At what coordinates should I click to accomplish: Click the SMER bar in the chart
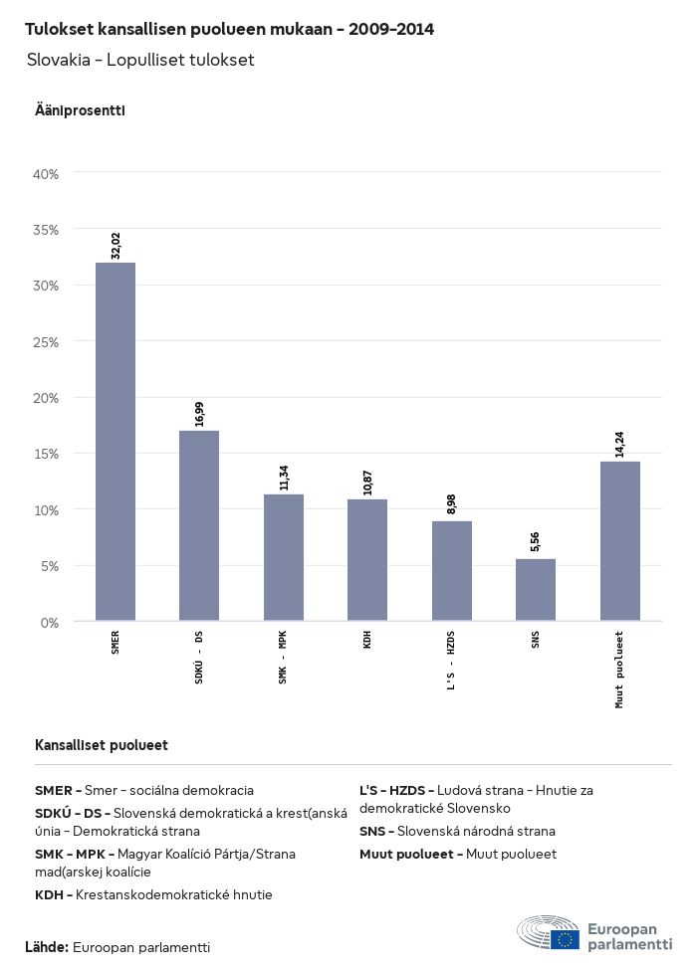tap(116, 442)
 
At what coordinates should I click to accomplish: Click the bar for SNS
tap(536, 590)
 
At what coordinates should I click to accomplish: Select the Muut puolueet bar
tap(619, 541)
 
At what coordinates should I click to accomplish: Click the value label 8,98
tap(451, 503)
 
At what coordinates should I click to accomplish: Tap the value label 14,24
tap(619, 445)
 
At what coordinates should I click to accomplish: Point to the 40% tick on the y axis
tap(47, 174)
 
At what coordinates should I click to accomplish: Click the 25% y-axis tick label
tap(47, 342)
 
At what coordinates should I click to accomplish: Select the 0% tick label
tap(50, 623)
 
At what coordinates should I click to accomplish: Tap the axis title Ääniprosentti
tap(80, 110)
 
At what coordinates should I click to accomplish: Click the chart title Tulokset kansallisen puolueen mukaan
tap(229, 30)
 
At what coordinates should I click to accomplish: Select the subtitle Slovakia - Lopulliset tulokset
tap(141, 61)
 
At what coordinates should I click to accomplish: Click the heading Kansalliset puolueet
tap(102, 745)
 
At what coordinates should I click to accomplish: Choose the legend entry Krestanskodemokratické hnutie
tap(153, 895)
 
